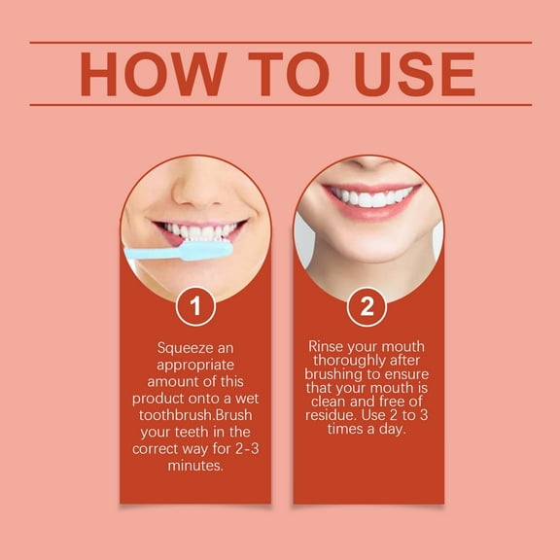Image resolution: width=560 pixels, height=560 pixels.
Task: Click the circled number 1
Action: [x=195, y=307]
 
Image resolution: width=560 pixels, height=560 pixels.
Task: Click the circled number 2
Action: [x=367, y=307]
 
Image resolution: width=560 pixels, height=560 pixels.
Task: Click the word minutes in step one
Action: [x=195, y=467]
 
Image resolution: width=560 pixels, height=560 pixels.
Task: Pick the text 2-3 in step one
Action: [x=237, y=449]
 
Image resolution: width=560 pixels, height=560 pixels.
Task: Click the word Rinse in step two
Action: [x=326, y=346]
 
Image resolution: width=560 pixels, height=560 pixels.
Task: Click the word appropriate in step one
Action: [x=195, y=364]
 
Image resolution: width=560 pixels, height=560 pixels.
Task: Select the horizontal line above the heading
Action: [x=280, y=43]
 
